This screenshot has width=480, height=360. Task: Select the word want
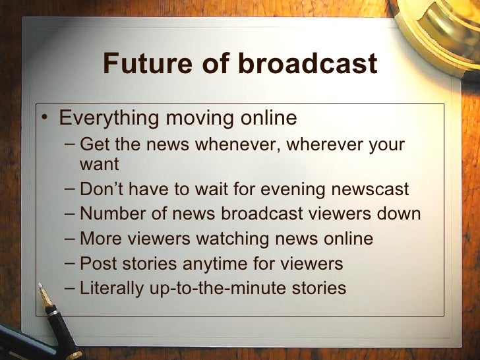(x=99, y=164)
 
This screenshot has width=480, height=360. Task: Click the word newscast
(x=370, y=190)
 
